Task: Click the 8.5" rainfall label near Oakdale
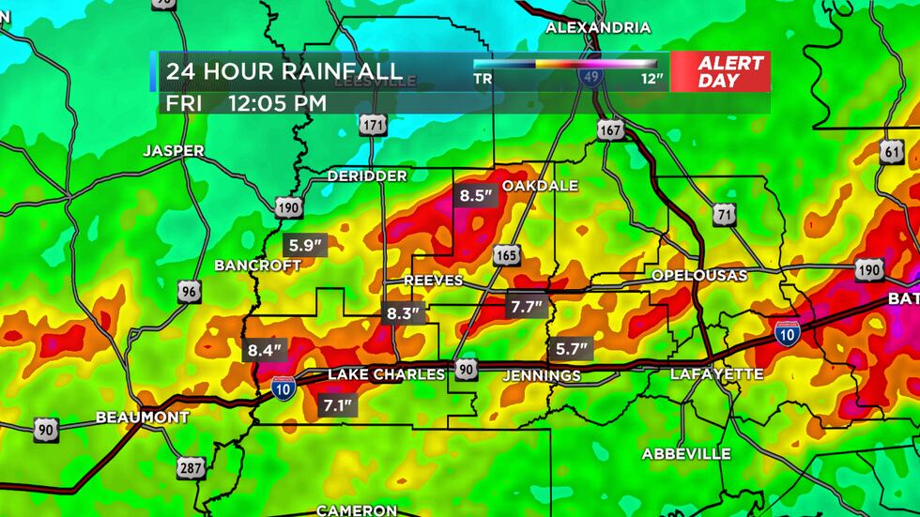point(475,197)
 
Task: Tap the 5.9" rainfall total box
point(306,246)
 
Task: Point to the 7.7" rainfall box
point(527,306)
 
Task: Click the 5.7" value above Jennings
point(572,349)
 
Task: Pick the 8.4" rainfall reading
point(265,351)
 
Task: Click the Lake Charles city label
point(386,374)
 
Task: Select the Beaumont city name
point(143,418)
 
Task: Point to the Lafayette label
point(717,374)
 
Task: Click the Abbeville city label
point(686,454)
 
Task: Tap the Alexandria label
point(598,28)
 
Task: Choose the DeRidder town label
point(367,176)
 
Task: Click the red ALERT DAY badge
point(730,71)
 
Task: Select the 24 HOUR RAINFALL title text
point(284,70)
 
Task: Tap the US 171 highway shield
point(375,125)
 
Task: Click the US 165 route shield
point(506,256)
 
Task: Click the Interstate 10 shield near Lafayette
point(787,332)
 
